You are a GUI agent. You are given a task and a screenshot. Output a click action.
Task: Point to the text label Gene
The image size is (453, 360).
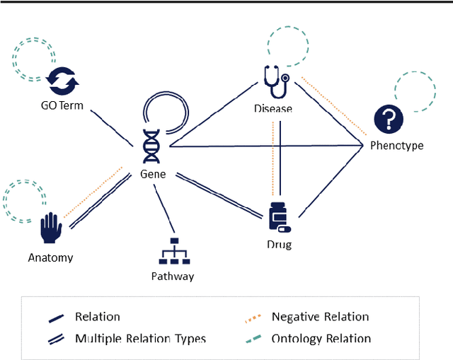click(x=153, y=173)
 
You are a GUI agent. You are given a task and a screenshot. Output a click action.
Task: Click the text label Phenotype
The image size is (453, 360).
click(x=396, y=146)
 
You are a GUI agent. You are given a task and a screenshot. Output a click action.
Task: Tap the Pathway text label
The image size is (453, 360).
click(x=173, y=276)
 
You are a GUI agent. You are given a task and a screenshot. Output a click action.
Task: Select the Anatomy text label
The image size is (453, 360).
click(x=50, y=257)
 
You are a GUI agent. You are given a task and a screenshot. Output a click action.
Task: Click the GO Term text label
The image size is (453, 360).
click(x=62, y=106)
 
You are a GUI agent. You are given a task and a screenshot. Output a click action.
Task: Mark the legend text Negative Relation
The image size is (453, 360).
click(x=320, y=317)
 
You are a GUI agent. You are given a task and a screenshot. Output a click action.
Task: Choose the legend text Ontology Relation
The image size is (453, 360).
click(x=321, y=338)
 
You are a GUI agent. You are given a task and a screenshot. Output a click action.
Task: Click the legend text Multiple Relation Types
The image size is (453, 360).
click(x=140, y=338)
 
